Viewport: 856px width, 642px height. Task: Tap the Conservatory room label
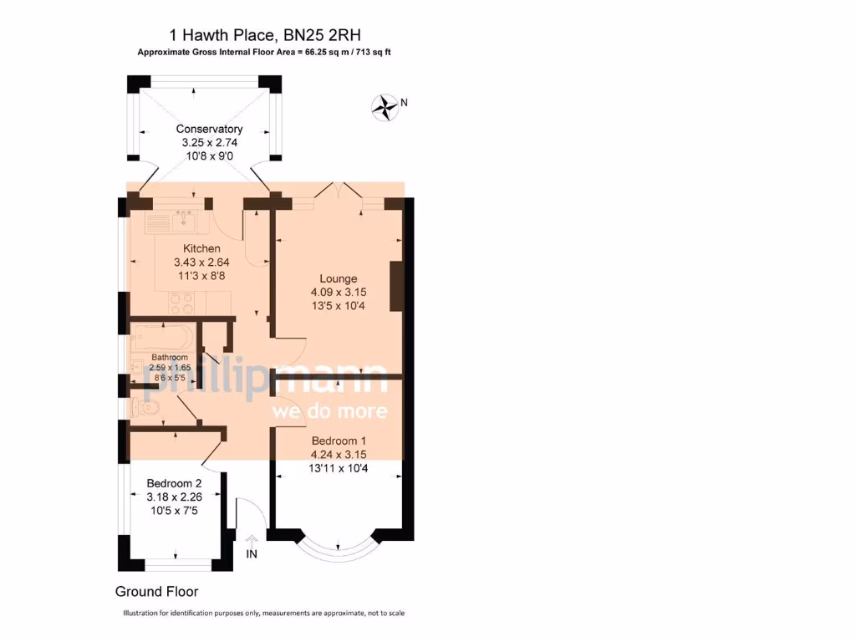point(209,129)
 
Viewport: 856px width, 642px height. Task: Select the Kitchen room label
point(201,248)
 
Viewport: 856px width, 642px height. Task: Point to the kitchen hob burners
point(181,303)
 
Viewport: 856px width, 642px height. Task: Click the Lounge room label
point(338,278)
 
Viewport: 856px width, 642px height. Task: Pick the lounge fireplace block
point(396,286)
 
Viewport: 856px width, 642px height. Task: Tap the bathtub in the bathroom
point(161,340)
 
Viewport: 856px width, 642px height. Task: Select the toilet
point(147,408)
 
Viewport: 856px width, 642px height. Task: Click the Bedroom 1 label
point(338,441)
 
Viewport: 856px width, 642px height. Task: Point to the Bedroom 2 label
point(174,483)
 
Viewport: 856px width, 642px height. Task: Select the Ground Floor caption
point(156,592)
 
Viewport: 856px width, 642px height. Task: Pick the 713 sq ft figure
point(372,52)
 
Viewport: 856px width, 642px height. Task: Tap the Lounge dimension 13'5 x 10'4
point(338,305)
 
